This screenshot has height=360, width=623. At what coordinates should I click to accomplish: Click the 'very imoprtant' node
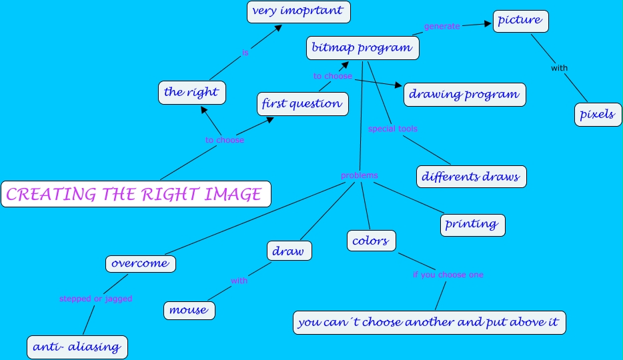298,11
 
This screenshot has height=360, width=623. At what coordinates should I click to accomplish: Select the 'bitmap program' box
362,48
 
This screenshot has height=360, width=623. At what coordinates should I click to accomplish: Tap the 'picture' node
520,21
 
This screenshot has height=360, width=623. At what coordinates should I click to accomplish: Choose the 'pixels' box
598,114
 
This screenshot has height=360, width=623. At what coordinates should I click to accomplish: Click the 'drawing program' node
464,94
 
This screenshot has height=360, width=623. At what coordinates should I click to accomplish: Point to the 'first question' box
302,103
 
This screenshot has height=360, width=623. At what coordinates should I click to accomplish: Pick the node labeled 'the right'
191,93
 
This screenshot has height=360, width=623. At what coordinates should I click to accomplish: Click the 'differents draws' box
472,177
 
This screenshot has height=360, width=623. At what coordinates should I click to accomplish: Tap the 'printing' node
472,224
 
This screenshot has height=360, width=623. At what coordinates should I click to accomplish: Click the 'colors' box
372,241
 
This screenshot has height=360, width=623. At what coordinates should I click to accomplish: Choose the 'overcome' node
140,263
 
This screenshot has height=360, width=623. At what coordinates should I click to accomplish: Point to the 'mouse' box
189,310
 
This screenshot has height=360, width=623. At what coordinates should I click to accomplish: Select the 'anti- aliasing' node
77,347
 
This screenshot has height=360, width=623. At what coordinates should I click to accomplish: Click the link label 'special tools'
393,129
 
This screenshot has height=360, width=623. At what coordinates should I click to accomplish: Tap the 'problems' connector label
360,175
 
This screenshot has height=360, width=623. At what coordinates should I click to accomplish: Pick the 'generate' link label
442,27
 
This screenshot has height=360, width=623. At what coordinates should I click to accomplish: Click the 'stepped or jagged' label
96,299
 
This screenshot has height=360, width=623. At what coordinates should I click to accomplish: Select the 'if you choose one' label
448,275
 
